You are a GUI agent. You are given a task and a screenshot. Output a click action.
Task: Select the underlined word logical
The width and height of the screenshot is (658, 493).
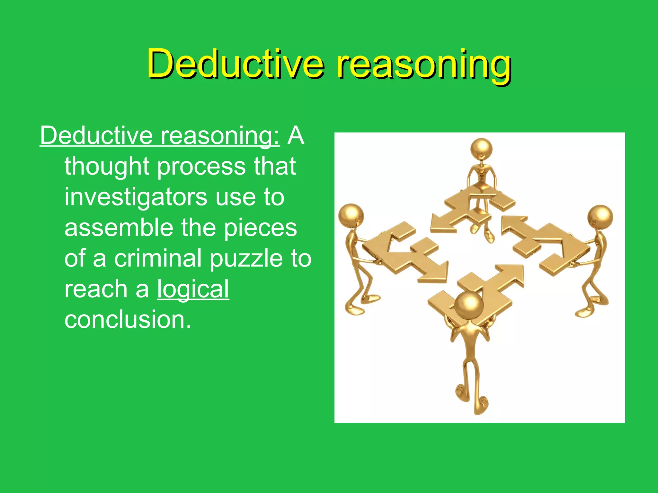pos(193,289)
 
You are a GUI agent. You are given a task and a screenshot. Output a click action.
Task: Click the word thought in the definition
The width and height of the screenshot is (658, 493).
pos(107,167)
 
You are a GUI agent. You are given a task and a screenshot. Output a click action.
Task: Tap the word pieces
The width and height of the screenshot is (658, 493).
pos(260,228)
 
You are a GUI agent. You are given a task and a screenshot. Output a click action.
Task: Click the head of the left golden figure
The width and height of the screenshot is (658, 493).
pos(351,216)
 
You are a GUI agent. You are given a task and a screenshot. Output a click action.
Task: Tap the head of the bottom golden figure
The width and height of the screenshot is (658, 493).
pos(469,305)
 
